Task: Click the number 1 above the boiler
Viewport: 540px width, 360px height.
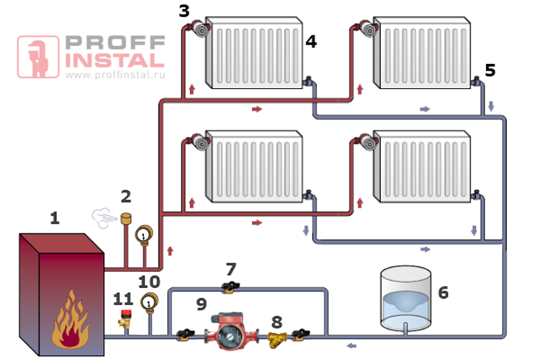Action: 55,218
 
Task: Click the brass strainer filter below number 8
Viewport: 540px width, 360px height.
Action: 277,340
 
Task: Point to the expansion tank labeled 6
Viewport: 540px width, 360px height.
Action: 405,299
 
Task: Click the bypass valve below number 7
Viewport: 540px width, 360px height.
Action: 230,287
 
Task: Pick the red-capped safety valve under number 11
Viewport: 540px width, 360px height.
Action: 125,318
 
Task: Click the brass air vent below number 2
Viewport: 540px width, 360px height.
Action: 126,218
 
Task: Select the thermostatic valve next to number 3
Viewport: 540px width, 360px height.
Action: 199,29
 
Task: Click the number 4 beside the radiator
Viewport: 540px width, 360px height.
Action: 311,41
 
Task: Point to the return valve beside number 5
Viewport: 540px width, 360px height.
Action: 477,81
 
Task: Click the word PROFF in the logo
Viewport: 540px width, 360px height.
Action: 115,42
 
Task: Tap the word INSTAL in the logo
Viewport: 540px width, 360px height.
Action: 115,60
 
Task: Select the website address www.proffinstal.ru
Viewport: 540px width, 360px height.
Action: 115,74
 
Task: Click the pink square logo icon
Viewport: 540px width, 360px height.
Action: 38,57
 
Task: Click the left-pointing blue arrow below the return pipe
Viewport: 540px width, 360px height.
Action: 351,346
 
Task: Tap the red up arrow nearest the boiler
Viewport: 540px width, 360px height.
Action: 170,251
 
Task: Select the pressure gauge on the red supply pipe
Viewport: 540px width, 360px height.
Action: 144,235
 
